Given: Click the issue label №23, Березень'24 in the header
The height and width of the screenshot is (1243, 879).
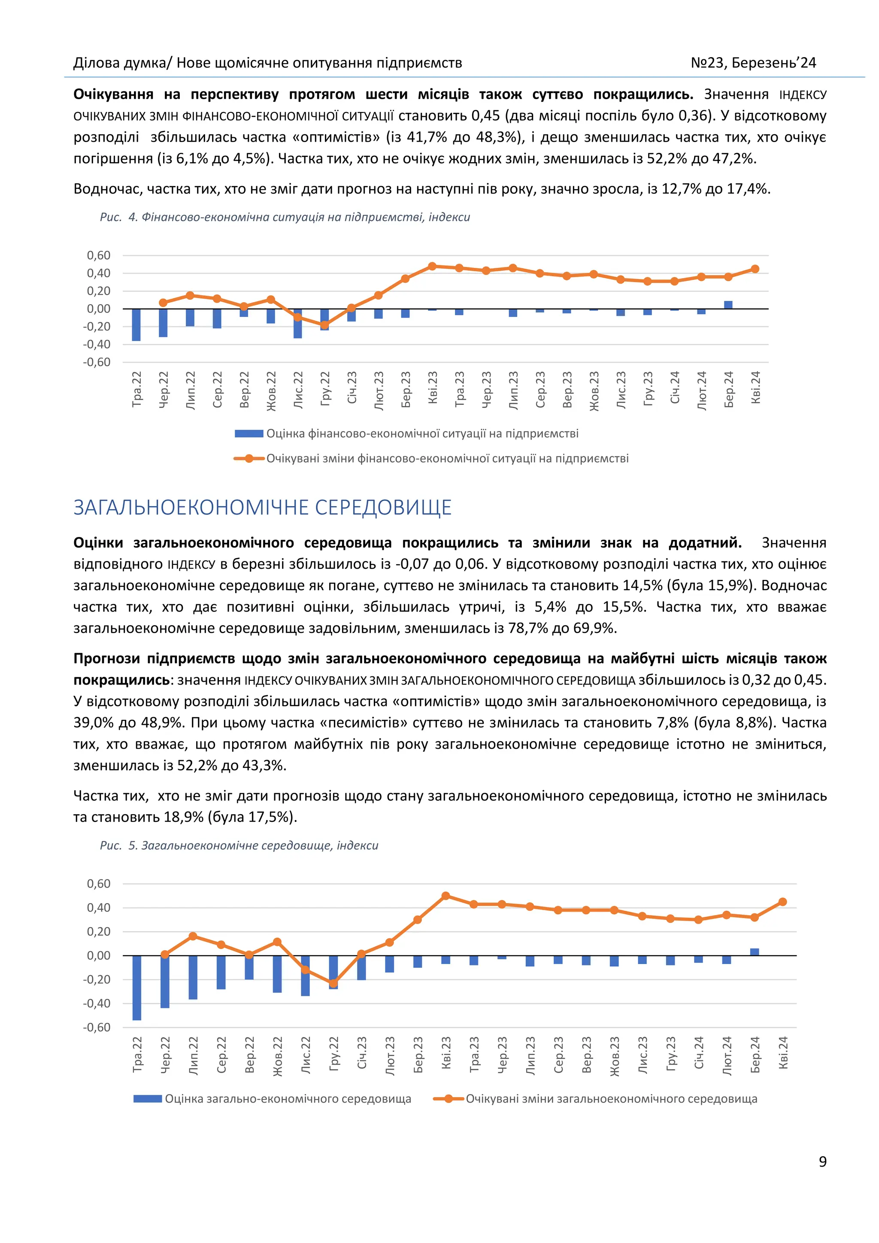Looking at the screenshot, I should coord(753,63).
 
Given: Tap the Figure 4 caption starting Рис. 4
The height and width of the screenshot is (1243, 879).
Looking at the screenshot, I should coord(285,217).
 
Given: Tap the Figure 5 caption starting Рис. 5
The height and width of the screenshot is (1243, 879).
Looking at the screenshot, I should coord(239,846).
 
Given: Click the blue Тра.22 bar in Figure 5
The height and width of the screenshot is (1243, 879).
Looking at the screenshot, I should coord(136,988).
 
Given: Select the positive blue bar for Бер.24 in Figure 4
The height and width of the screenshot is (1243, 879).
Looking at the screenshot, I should coord(728,305).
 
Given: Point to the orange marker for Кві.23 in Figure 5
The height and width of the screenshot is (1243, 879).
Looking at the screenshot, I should coord(446,896).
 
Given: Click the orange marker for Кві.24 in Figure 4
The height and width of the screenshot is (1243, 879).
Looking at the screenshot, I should coord(755,269).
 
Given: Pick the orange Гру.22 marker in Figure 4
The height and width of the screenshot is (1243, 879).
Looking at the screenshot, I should coord(324,325).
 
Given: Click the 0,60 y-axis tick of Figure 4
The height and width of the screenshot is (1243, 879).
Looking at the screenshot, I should coord(99,255).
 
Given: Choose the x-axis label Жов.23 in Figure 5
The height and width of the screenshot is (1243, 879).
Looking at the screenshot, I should coord(614,1056).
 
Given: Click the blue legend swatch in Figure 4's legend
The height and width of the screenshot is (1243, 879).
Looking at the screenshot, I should coord(249,434).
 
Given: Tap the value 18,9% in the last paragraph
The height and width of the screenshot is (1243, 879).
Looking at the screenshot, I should coord(183,817).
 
